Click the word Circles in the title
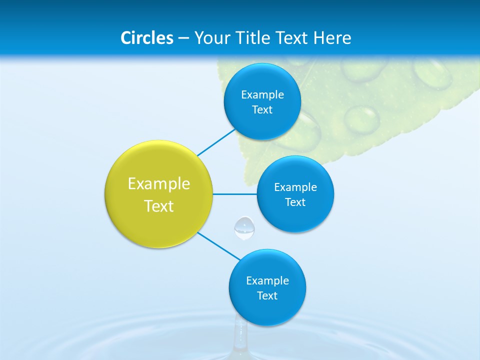pos(147,38)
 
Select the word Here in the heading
pos(332,38)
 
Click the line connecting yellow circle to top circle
pos(216,142)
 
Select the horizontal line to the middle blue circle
pos(234,194)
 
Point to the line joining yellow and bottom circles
pos(218,246)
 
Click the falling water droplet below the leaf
pos(244,227)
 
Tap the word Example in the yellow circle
pos(159,184)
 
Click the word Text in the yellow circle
pos(159,206)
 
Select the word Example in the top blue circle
pos(262,95)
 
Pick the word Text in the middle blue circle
pos(295,202)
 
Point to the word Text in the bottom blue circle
pos(267,296)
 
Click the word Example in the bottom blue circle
pos(267,281)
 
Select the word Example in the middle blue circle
pos(295,187)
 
